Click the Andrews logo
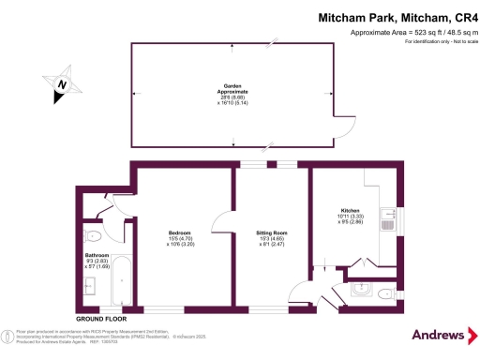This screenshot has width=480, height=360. click(439, 335)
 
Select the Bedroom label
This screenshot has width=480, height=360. click(180, 232)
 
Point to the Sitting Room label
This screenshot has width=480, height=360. click(272, 232)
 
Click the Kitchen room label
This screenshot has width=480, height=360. click(351, 211)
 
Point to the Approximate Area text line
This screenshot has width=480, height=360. click(406, 33)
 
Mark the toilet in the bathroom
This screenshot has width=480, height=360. click(92, 235)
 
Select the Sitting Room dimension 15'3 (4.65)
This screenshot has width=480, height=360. click(272, 240)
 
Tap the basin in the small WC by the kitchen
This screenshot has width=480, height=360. click(363, 293)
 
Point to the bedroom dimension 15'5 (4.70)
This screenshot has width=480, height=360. click(180, 240)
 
